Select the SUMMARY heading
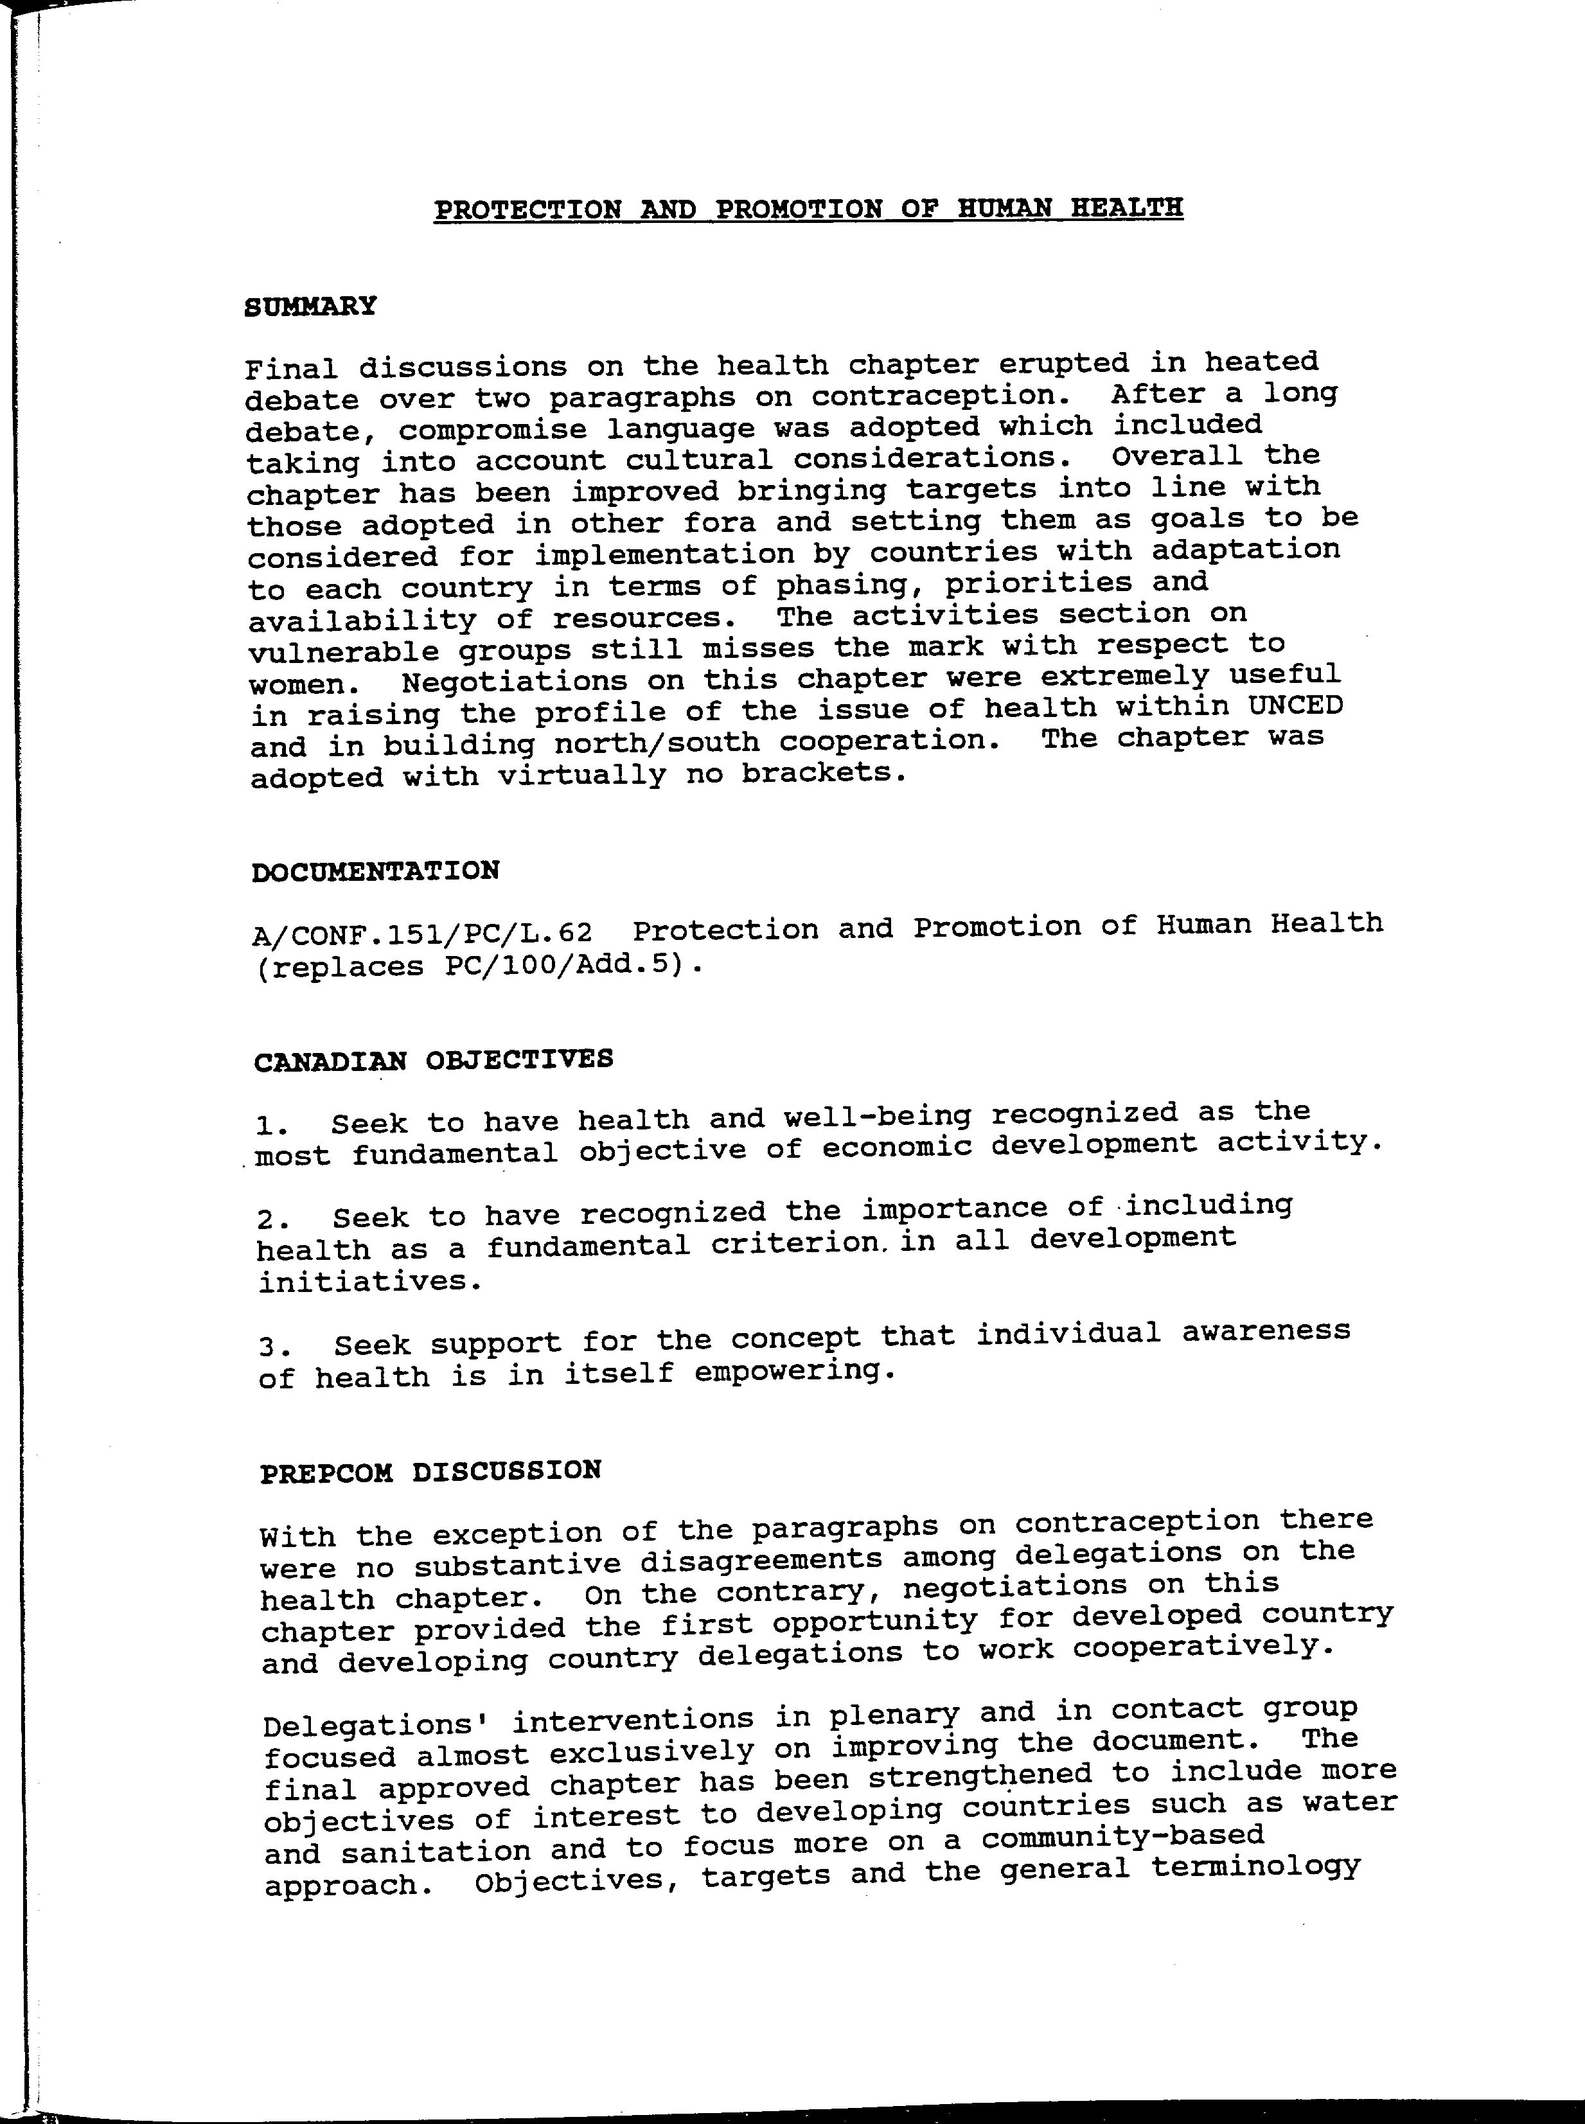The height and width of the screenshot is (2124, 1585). (310, 307)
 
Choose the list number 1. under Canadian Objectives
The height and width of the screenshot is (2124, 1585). (274, 1124)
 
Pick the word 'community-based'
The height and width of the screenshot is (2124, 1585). (1122, 1837)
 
